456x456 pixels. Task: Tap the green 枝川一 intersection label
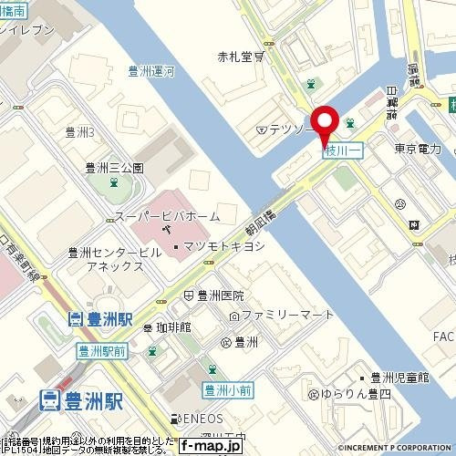point(343,152)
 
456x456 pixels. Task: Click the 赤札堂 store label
point(241,57)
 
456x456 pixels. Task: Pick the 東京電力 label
point(418,149)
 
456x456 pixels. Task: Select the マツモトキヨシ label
point(211,246)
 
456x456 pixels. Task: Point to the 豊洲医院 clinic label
point(220,295)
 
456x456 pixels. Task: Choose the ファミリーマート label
point(283,316)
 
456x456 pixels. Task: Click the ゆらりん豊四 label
point(355,395)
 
